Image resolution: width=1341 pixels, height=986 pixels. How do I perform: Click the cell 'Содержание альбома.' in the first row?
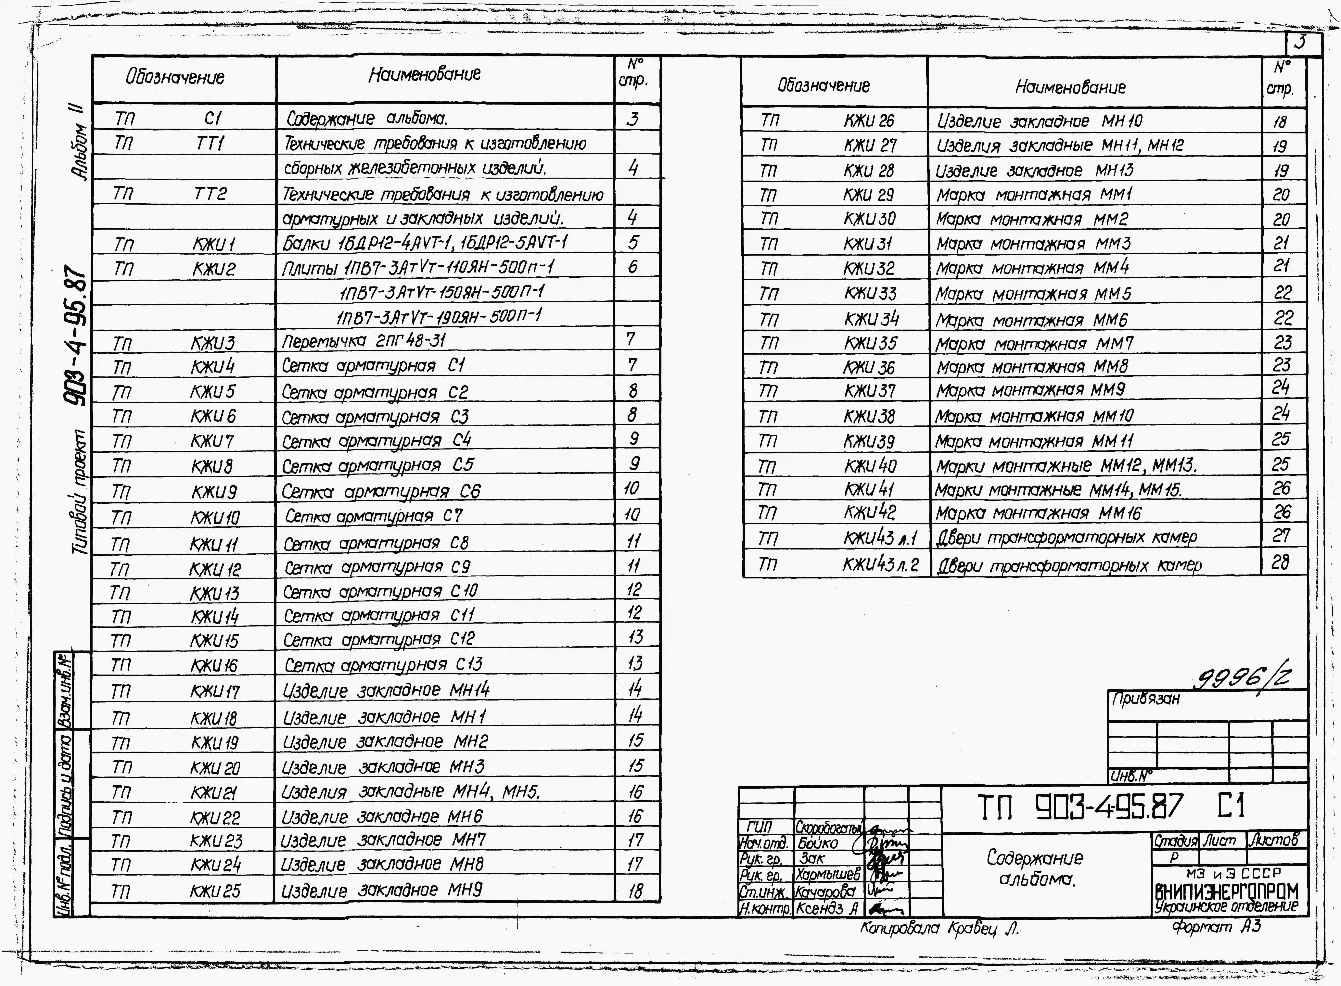coord(366,118)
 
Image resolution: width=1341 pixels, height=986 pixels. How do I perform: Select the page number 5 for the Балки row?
coord(633,242)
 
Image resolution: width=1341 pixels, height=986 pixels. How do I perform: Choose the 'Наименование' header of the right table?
coord(1070,87)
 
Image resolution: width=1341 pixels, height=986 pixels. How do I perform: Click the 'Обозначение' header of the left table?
coord(175,77)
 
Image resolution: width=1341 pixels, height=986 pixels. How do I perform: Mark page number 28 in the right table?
coord(1280,562)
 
